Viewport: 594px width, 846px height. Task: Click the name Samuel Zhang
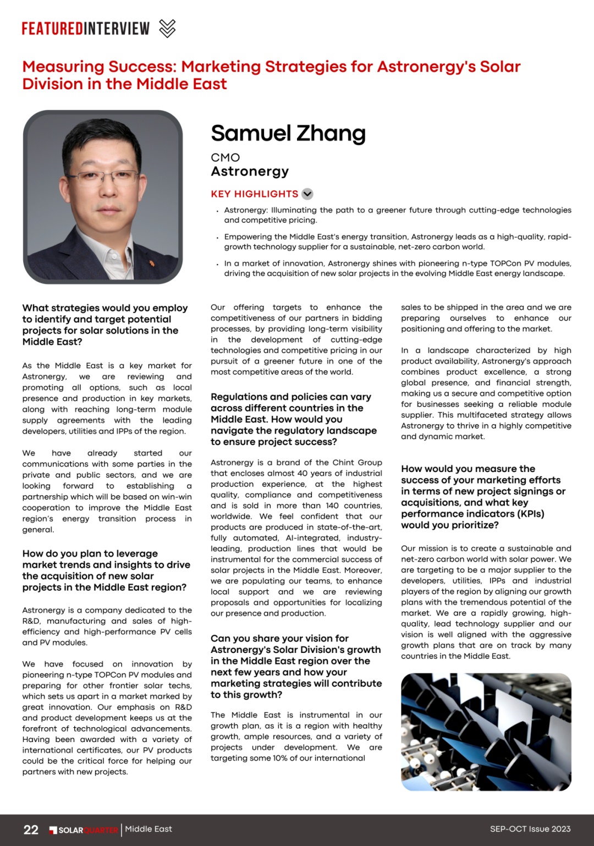coord(288,134)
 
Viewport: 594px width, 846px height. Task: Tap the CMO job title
coord(225,157)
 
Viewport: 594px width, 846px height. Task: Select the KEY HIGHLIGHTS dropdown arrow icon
coord(307,194)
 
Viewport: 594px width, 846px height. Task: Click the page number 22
coord(31,829)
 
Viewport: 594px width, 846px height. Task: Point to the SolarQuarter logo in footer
coord(84,830)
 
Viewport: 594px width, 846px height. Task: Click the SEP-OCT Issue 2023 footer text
coord(530,829)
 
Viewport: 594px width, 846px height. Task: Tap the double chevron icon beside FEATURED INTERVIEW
coord(167,28)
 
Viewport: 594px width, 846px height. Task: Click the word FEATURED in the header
coord(52,28)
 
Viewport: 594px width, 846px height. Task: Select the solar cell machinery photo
coord(486,732)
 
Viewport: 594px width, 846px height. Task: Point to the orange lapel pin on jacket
coord(152,263)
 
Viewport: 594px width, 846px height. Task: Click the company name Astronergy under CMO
coord(250,172)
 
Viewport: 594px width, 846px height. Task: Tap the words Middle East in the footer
coord(148,829)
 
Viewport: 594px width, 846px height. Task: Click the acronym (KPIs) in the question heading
coord(527,514)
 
